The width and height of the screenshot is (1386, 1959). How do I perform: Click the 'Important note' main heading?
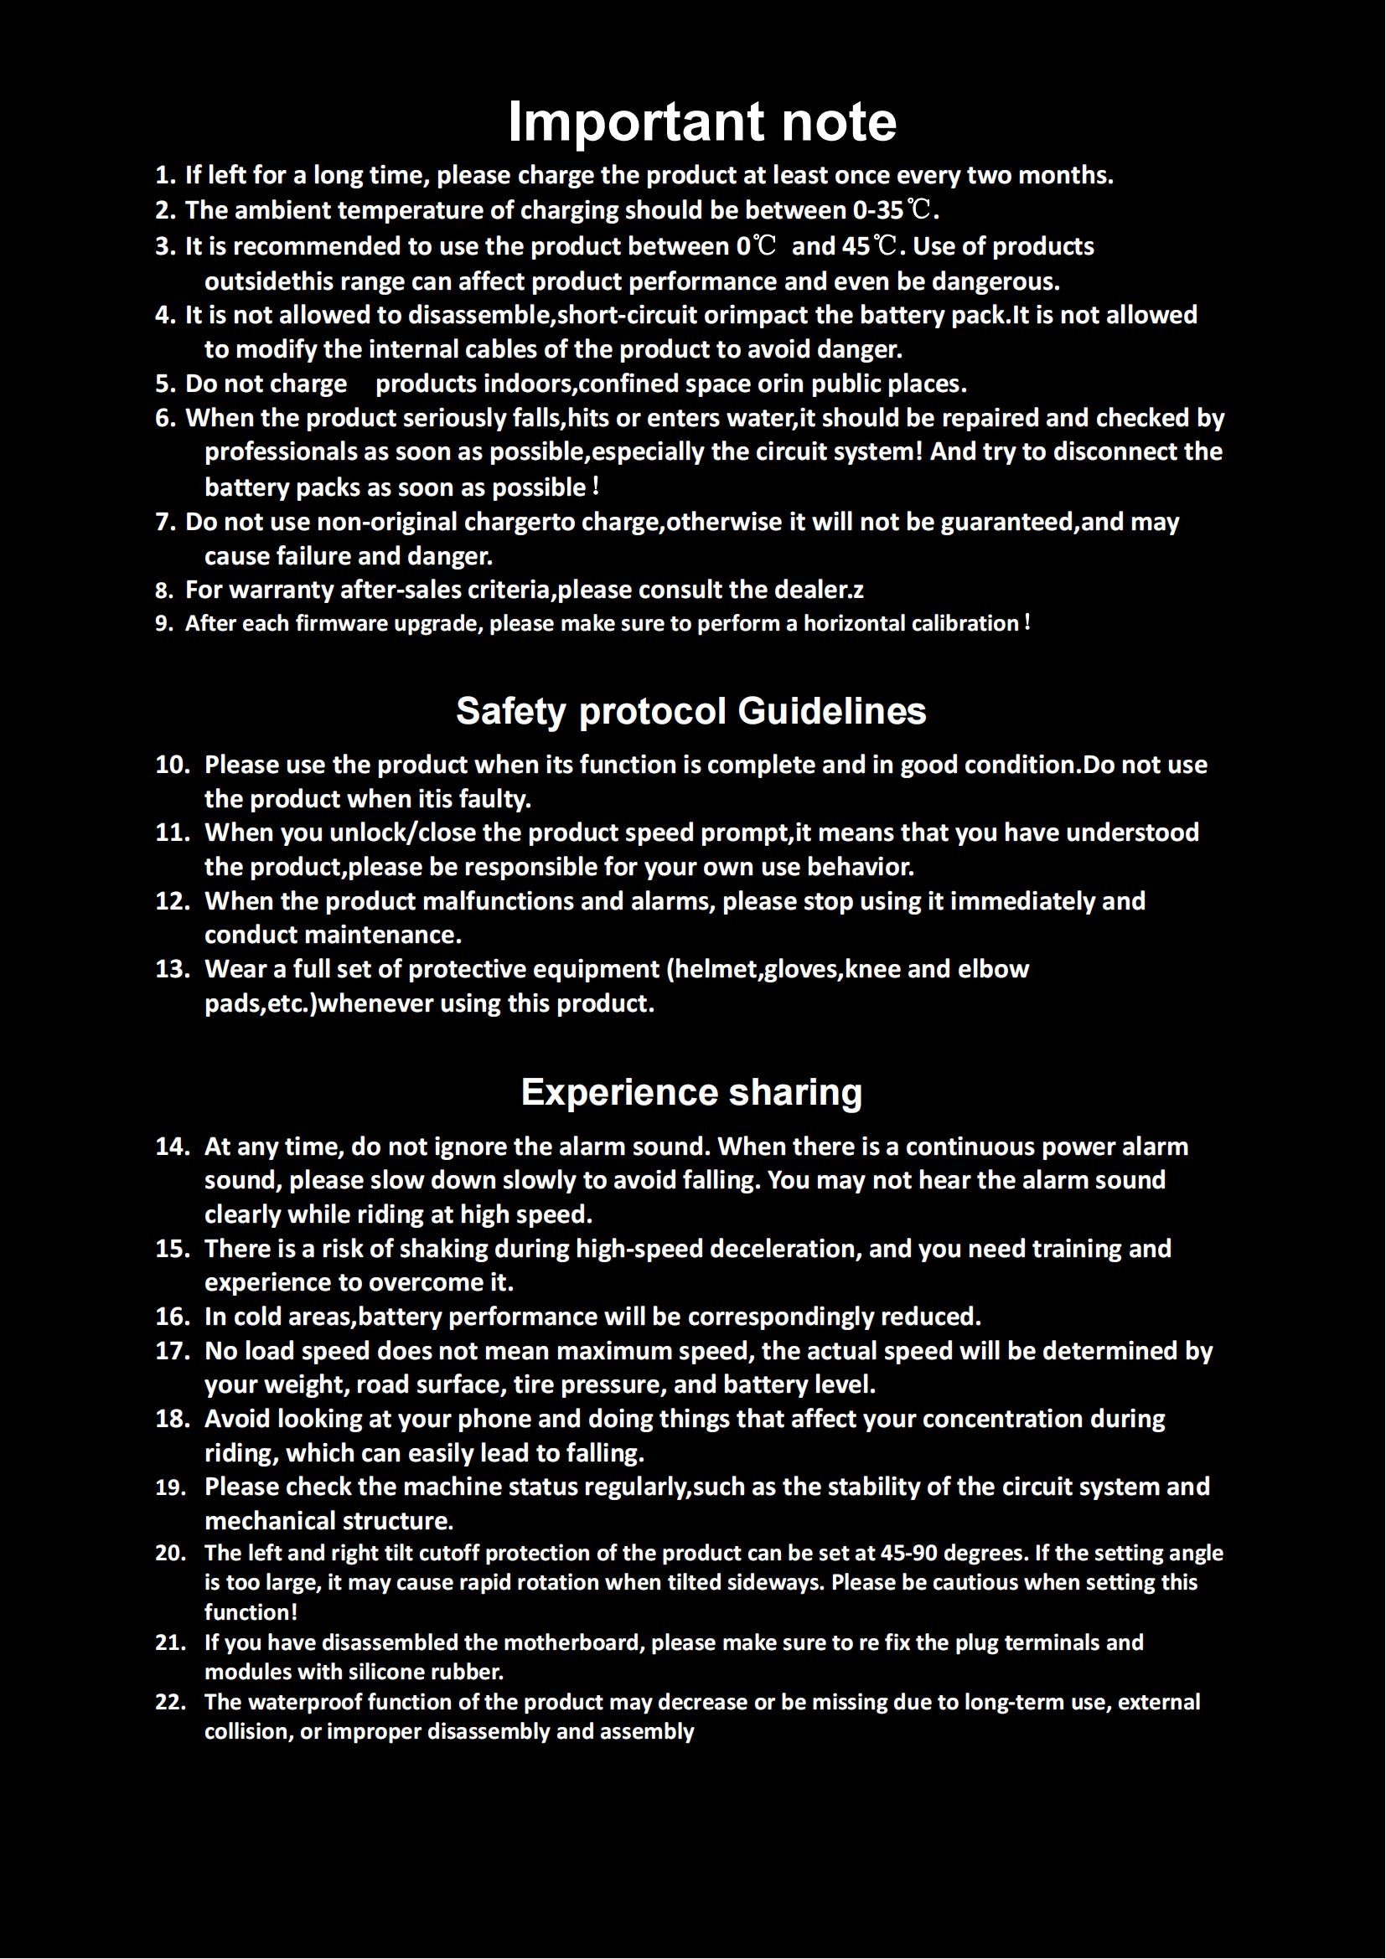701,122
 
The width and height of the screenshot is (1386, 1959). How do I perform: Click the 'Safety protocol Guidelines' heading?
691,711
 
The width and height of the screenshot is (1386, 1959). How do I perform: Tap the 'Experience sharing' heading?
691,1092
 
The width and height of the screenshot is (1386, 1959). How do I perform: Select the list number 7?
166,522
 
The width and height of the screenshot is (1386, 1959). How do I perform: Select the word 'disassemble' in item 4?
480,316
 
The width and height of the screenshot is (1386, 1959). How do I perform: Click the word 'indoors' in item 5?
529,384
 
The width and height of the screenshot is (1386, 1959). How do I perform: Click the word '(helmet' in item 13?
711,969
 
